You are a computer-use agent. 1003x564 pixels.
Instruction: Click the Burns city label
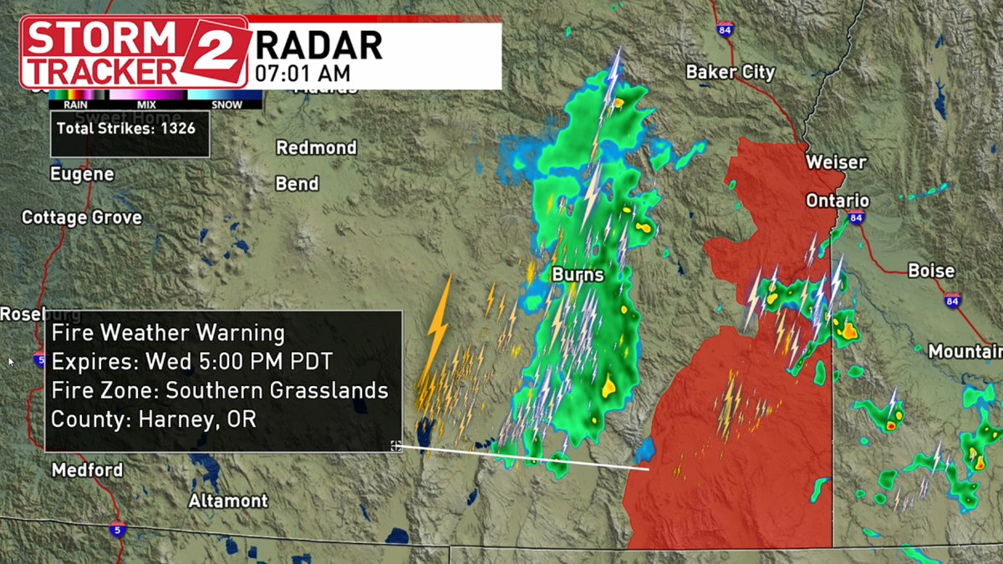tap(577, 274)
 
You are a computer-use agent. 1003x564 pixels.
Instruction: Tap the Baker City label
tap(730, 73)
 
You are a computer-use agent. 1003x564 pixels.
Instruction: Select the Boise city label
tap(931, 271)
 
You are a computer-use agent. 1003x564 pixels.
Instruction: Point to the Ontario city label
tap(837, 201)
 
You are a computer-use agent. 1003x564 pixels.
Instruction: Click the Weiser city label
tap(836, 161)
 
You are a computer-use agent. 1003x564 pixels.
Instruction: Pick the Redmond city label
tap(317, 148)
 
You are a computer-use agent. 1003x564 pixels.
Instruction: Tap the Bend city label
tap(297, 183)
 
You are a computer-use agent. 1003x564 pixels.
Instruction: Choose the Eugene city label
tap(82, 175)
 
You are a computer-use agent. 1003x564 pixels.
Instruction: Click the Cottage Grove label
tap(82, 217)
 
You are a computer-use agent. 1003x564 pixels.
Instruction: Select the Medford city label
tap(87, 470)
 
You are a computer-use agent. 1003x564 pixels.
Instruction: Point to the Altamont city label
tap(228, 501)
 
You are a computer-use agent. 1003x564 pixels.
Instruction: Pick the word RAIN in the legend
tap(65, 105)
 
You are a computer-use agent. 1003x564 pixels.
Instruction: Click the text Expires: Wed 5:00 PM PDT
tap(191, 362)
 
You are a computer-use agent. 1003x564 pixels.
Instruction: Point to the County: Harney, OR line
tap(154, 419)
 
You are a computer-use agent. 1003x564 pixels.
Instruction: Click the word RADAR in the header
tap(318, 43)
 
